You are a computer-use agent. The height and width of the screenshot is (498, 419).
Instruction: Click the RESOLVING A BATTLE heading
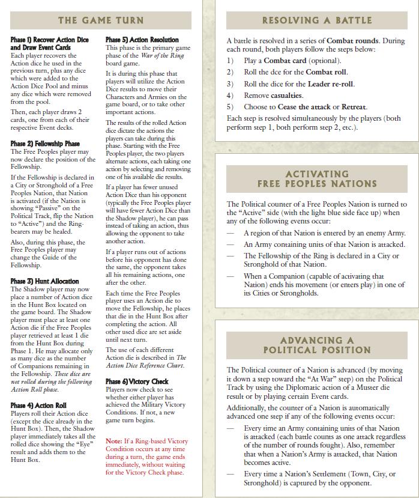click(x=316, y=20)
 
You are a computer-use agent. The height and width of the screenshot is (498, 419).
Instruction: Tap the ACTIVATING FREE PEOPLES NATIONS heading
click(x=316, y=178)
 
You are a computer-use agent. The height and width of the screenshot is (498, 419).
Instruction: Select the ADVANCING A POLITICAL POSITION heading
click(x=316, y=344)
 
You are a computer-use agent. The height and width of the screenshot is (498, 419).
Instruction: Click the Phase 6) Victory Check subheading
click(x=137, y=381)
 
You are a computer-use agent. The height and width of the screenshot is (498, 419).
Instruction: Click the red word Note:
click(x=115, y=442)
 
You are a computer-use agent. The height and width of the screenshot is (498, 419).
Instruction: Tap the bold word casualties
click(x=286, y=96)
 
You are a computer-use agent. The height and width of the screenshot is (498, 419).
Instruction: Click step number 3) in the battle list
click(x=230, y=84)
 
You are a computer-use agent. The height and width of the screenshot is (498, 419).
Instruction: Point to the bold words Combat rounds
click(x=352, y=40)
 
